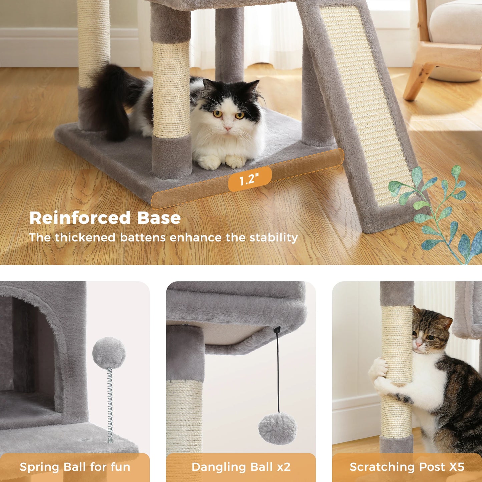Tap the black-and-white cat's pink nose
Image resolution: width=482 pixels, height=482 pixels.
click(x=228, y=128)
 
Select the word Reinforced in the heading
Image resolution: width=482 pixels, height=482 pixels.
click(x=80, y=218)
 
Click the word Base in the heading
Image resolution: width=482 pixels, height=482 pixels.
click(x=159, y=218)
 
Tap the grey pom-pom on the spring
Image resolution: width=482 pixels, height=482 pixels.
click(x=109, y=353)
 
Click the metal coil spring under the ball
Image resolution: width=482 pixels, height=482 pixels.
click(x=110, y=404)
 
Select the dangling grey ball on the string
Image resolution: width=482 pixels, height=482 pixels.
click(x=278, y=428)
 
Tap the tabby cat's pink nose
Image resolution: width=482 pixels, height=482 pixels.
click(x=418, y=344)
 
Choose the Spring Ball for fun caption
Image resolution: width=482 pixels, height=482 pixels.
click(x=75, y=467)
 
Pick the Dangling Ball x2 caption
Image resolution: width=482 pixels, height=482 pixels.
click(x=241, y=467)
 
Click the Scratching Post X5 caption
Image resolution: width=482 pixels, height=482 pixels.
click(x=407, y=467)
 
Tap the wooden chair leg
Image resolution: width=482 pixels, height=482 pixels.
click(x=417, y=80)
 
